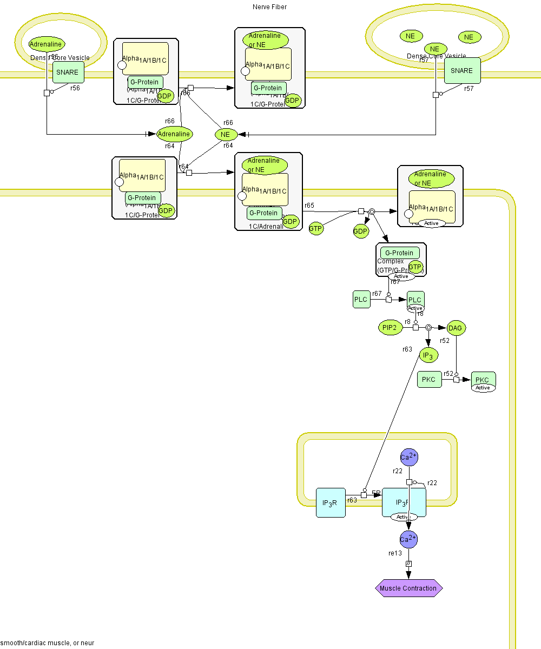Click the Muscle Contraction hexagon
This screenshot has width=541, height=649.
coord(408,588)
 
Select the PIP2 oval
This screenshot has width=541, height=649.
coord(390,327)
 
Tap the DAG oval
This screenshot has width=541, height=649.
coord(456,328)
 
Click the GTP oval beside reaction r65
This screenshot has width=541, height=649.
coord(316,229)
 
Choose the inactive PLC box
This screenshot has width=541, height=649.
coord(361,299)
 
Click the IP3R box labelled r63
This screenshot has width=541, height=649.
coord(330,502)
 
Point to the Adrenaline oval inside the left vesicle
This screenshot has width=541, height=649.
coord(47,44)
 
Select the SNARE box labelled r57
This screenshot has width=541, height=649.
coord(462,70)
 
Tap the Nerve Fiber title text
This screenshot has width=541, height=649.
coord(269,7)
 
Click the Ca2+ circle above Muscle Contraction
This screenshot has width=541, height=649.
coord(408,539)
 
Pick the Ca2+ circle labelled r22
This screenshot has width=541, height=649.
coord(408,457)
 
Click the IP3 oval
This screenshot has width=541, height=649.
coord(428,355)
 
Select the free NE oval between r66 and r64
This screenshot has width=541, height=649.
coord(226,134)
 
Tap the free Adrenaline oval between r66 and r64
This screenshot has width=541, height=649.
coord(174,134)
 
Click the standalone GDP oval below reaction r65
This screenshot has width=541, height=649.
coord(361,231)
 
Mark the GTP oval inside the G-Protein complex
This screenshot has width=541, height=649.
coord(415,267)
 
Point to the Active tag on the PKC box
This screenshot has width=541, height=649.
coord(483,388)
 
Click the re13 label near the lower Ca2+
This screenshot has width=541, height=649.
coord(395,553)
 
